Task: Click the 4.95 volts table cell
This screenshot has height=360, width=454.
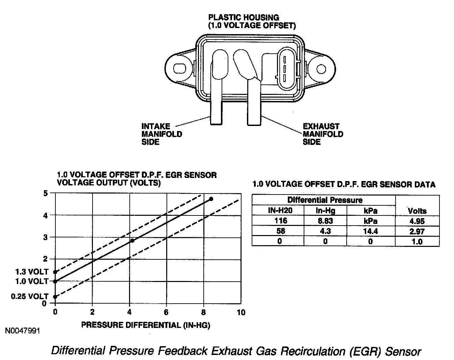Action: click(x=417, y=221)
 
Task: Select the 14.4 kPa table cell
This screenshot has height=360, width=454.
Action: click(x=371, y=231)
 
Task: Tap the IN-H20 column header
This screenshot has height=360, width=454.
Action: click(x=280, y=211)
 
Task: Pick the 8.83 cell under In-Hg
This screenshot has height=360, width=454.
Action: click(x=325, y=221)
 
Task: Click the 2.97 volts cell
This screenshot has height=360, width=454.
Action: click(x=417, y=231)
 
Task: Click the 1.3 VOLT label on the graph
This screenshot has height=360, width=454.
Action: click(x=32, y=272)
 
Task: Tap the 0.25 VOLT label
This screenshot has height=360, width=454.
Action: click(x=30, y=297)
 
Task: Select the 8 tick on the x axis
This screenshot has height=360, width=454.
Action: click(x=203, y=312)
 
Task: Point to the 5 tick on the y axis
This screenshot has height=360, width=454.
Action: click(x=44, y=193)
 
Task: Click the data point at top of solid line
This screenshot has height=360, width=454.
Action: click(x=211, y=199)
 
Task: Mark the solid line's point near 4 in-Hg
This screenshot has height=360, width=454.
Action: click(x=132, y=240)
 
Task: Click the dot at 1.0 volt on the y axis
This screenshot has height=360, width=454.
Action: click(x=55, y=281)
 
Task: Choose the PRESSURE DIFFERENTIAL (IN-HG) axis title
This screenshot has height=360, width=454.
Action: click(x=146, y=325)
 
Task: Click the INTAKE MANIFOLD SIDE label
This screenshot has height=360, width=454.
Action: click(x=161, y=134)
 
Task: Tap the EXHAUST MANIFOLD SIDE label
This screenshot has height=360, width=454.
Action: click(x=323, y=134)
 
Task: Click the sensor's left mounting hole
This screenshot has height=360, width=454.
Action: click(x=179, y=69)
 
